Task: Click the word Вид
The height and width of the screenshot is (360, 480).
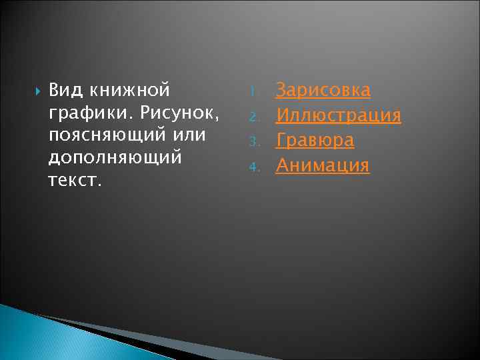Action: pos(62,90)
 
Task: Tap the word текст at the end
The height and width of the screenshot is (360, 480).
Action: pos(73,181)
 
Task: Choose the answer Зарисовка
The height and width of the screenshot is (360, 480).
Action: pos(323,90)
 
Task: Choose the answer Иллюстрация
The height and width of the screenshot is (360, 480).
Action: pos(338,115)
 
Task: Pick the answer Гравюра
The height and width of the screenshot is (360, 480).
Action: pos(315,140)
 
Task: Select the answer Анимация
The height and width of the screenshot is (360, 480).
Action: pos(322,165)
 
